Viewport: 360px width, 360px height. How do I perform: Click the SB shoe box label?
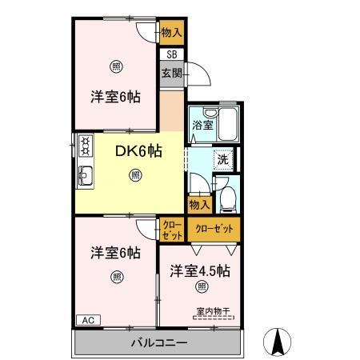pos(172,54)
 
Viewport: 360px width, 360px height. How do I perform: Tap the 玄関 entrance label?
pos(172,72)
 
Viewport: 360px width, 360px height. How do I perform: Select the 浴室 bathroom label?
pos(202,125)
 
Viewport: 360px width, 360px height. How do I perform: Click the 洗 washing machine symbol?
pos(223,158)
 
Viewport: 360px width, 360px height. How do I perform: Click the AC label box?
pos(88,320)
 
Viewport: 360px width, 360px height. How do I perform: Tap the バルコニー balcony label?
pos(159,343)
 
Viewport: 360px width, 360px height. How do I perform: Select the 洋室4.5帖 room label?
pos(199,270)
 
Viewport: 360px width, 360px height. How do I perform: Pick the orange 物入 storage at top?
pos(171,33)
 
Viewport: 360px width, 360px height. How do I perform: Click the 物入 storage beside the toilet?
pos(200,205)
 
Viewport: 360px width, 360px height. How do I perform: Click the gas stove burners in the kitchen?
pos(85,146)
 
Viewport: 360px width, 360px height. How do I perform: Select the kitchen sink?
pos(86,176)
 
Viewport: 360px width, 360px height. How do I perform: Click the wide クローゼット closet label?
pos(214,229)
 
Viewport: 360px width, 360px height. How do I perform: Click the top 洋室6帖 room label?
pos(115,97)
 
